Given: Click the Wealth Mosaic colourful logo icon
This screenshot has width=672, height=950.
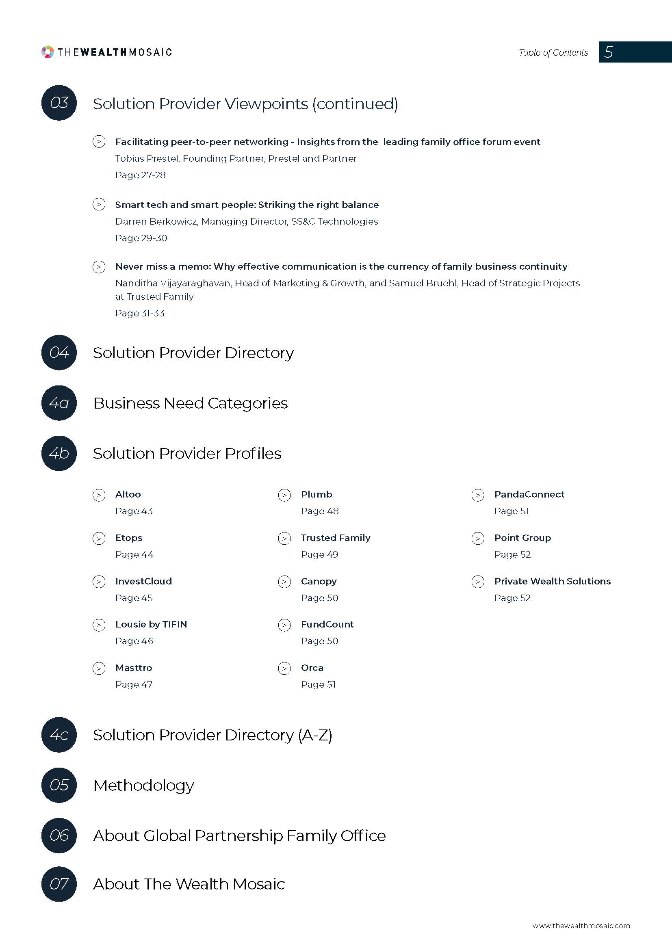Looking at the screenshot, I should click(48, 52).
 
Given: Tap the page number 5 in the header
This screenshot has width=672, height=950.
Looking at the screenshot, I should click(608, 52).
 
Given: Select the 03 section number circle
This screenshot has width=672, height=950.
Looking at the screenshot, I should click(59, 103).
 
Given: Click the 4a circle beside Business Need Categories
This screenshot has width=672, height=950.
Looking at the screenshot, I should click(59, 403).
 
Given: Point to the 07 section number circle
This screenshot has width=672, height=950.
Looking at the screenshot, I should click(59, 884).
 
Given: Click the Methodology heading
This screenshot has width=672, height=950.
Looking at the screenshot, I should click(143, 786).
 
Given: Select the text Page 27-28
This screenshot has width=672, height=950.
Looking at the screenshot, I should click(140, 175).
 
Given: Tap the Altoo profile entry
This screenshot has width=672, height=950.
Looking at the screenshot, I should click(128, 494).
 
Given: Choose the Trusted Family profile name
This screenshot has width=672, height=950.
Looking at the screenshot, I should click(336, 538).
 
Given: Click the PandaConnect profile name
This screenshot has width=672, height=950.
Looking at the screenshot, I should click(529, 494).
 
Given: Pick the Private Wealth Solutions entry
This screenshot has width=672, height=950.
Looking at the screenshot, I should click(553, 581).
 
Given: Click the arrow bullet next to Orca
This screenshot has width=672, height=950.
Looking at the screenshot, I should click(284, 668).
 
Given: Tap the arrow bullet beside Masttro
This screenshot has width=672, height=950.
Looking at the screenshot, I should click(99, 668).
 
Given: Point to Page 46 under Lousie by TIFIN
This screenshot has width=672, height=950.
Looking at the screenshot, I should click(134, 641).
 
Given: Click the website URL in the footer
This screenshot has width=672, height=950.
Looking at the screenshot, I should click(581, 926).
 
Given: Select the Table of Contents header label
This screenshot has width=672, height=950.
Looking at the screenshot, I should click(553, 52).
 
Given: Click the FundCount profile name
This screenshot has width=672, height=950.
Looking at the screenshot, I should click(327, 624).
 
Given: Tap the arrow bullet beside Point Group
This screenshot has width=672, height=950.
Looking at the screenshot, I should click(478, 538).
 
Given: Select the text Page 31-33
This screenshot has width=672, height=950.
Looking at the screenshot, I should click(140, 313).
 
